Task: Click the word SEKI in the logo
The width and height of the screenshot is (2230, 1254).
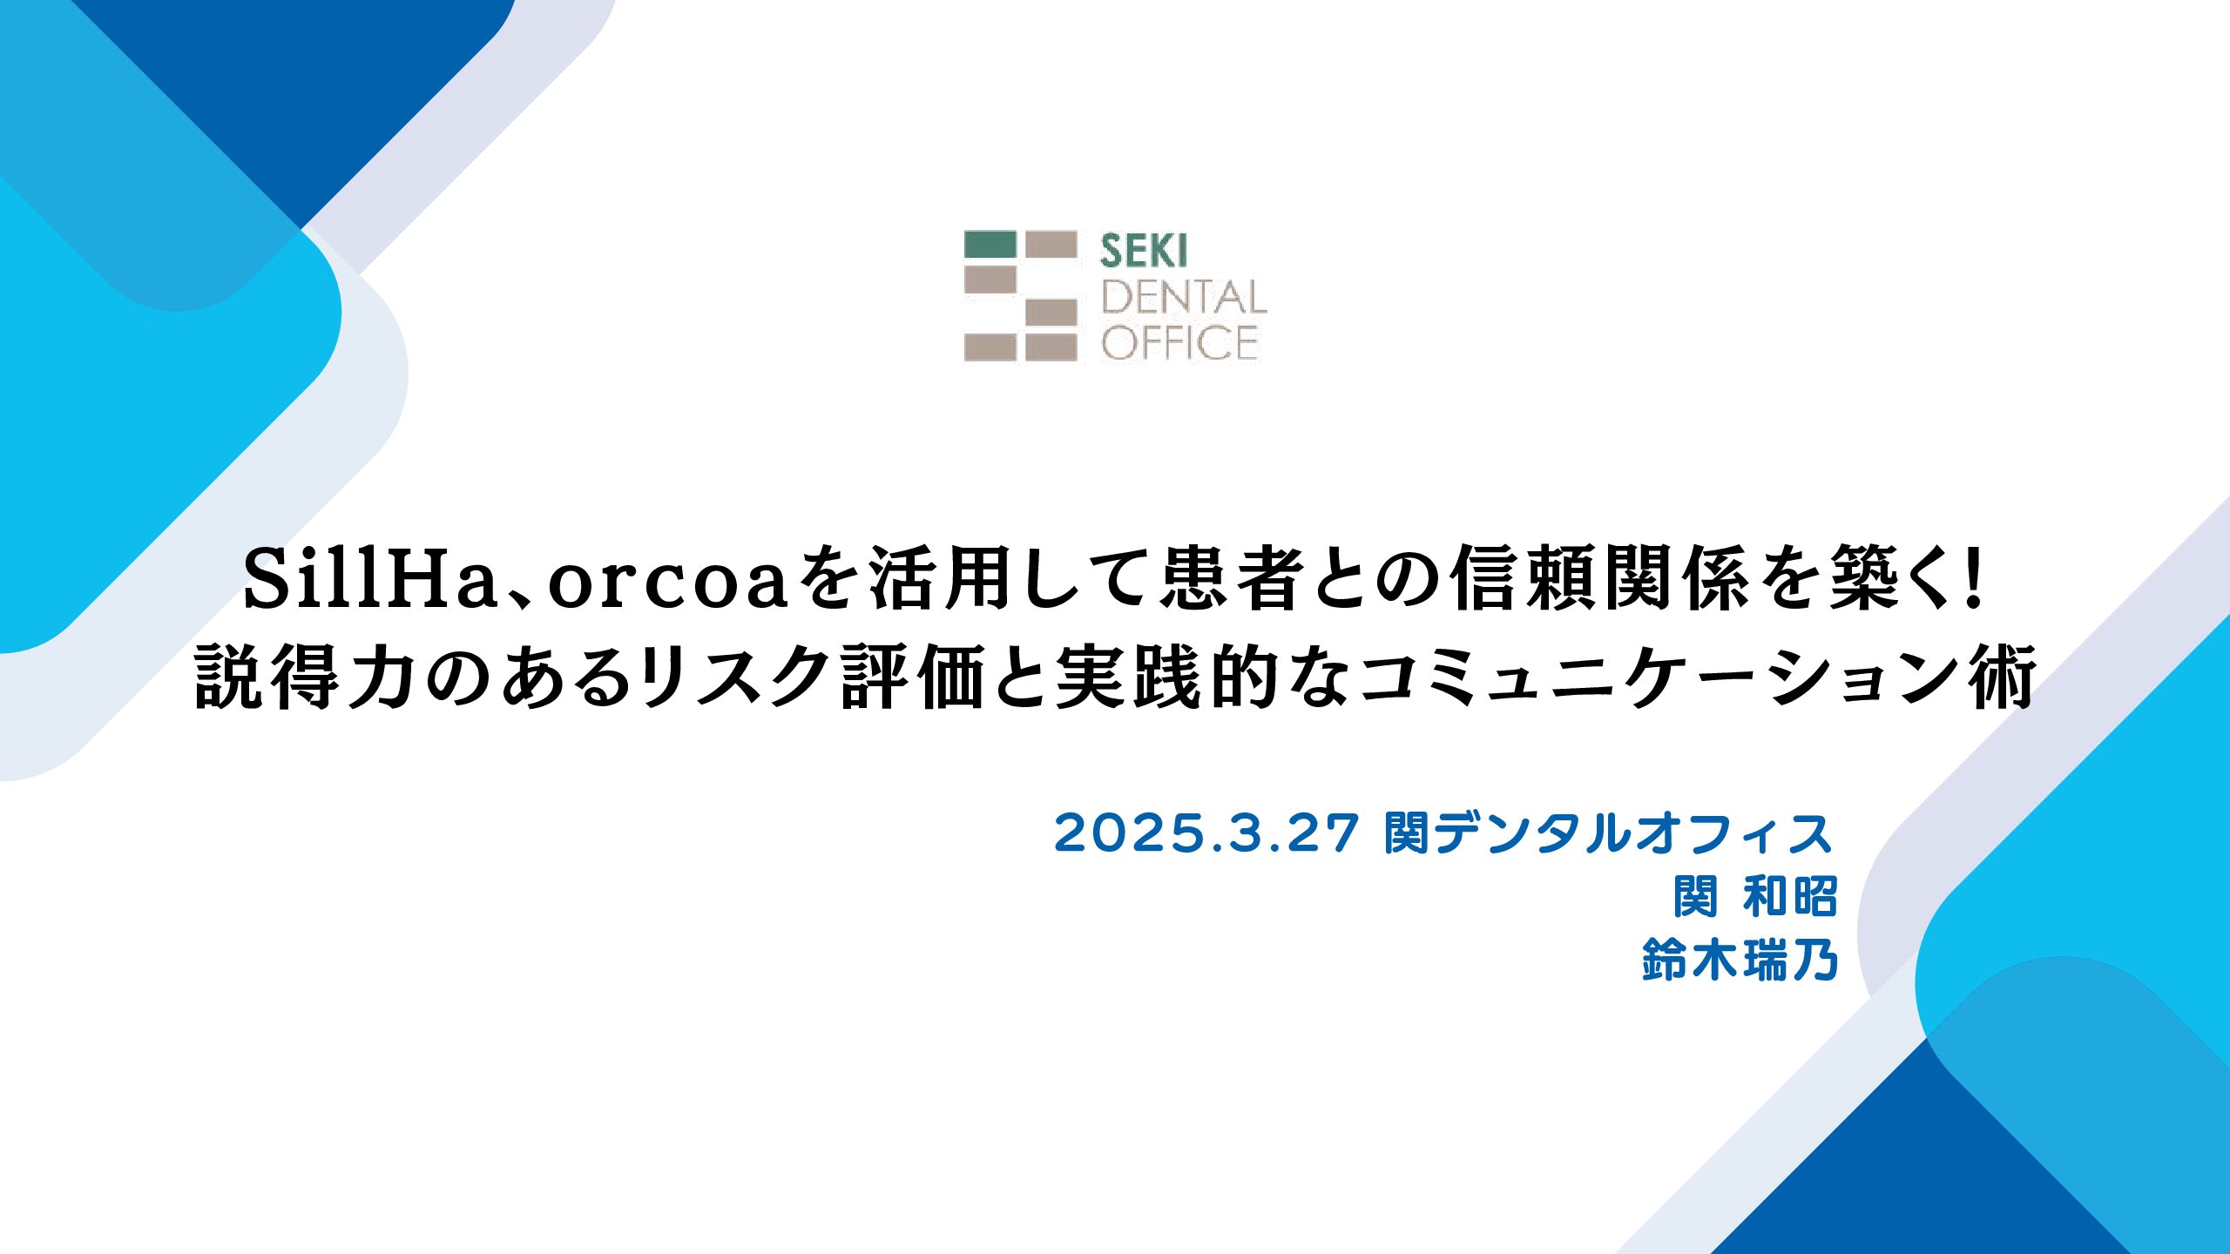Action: click(1143, 252)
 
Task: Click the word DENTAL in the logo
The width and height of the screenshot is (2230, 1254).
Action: click(1184, 298)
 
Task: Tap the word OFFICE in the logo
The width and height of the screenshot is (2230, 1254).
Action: click(1179, 342)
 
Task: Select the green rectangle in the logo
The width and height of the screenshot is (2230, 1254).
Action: click(990, 244)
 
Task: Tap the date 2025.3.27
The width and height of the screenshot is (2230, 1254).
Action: click(1206, 833)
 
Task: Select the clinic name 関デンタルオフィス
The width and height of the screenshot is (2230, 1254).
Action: click(1609, 833)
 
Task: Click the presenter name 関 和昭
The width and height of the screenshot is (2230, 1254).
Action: click(1755, 897)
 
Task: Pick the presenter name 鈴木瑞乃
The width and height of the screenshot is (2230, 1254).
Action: click(1740, 961)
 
